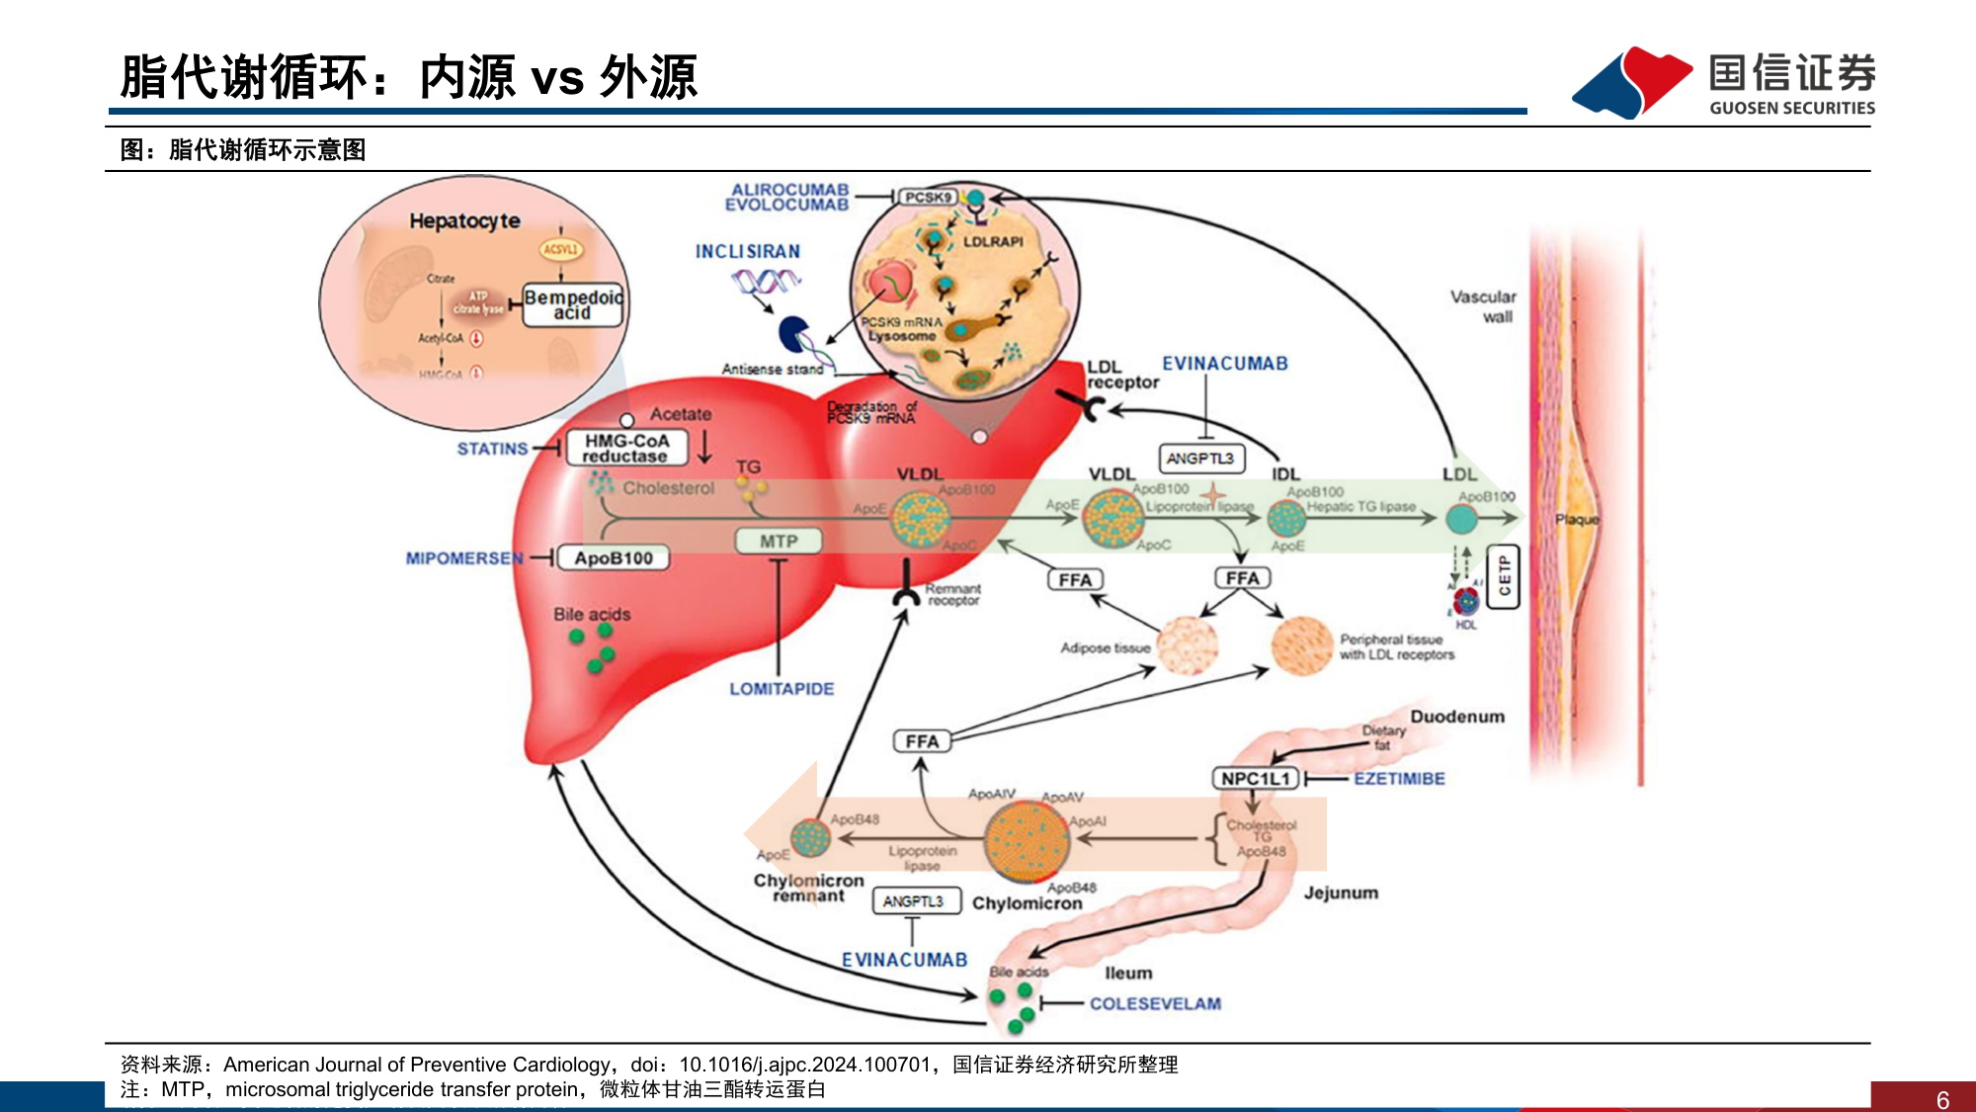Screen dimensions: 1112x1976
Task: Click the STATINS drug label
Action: (492, 449)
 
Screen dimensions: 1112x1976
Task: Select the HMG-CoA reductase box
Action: (626, 449)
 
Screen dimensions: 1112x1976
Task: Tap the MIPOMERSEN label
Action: (463, 558)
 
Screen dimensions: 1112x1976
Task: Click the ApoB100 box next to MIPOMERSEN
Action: (614, 558)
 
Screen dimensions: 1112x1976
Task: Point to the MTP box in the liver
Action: (779, 542)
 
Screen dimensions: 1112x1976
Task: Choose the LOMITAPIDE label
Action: (782, 689)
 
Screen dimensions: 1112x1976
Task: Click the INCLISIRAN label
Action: (748, 252)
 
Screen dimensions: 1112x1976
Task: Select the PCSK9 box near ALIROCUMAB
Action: (928, 198)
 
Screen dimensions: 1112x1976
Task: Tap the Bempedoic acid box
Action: (573, 304)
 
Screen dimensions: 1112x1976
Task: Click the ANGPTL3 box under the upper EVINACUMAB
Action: (1199, 459)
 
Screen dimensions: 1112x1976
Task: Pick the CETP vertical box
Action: (1504, 576)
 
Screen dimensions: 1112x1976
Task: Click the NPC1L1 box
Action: (1255, 779)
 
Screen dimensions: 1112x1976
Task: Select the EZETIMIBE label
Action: (1399, 779)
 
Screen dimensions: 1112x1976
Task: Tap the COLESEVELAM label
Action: (1155, 1004)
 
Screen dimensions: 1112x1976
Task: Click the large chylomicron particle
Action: (1028, 840)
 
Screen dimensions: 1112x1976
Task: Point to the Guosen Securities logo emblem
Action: (1632, 83)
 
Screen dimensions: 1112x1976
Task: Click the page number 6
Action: (1942, 1100)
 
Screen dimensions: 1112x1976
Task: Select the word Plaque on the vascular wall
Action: (1577, 520)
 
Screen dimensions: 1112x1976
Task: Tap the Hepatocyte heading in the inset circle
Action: (464, 221)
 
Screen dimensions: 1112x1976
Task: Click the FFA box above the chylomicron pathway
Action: (922, 741)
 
